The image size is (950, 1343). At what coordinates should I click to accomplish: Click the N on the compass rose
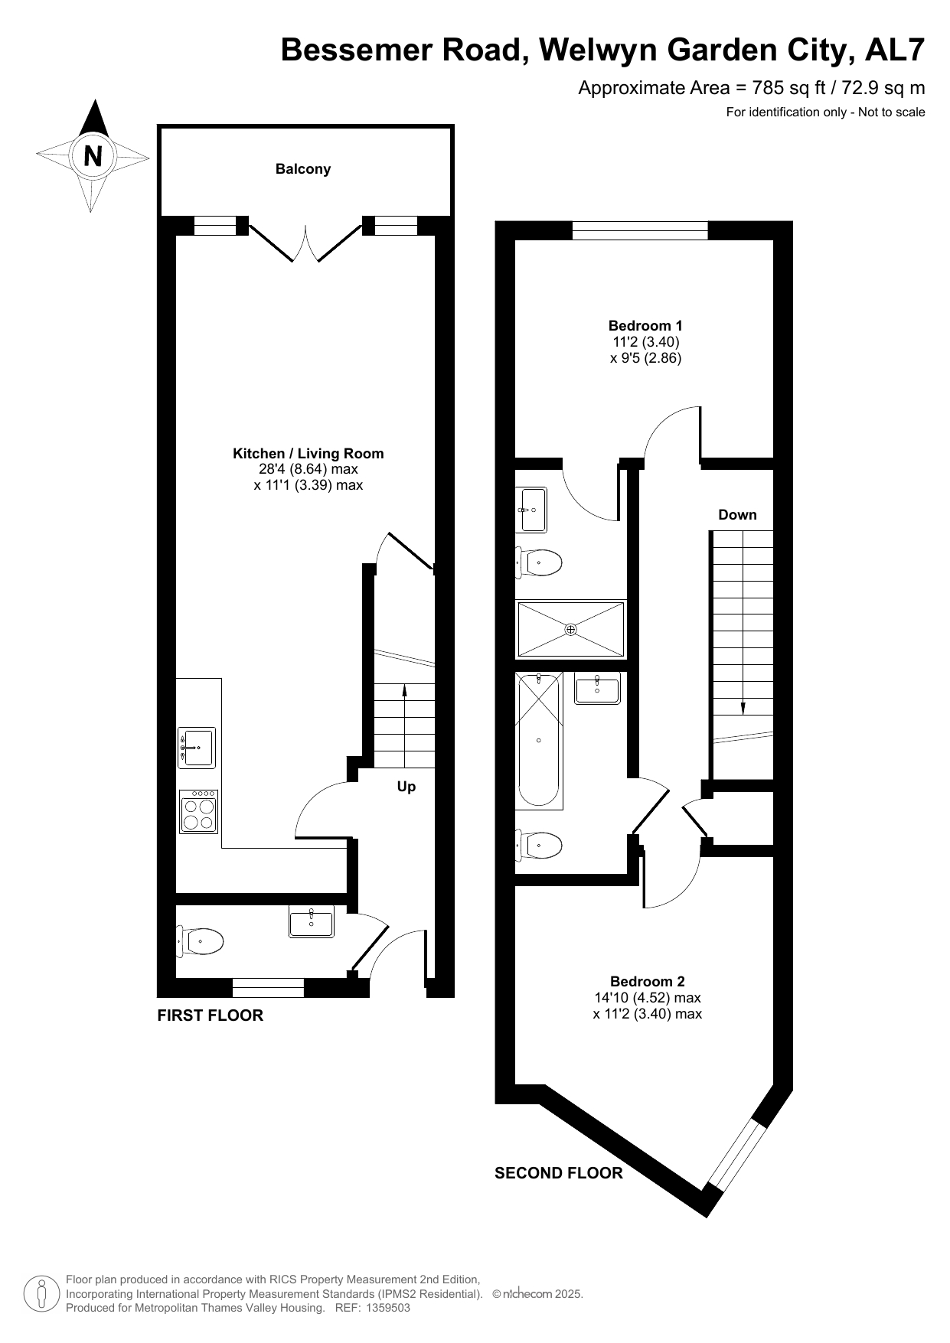(x=93, y=156)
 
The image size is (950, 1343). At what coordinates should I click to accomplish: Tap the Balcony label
(x=303, y=169)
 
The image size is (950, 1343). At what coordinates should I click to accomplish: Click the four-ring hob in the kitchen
(x=199, y=812)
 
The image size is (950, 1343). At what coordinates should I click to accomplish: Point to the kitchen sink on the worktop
(x=197, y=748)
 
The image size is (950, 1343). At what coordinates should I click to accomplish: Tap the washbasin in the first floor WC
(x=312, y=921)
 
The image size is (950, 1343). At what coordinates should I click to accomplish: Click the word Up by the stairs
(x=406, y=787)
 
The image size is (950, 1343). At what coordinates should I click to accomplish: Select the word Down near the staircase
(x=737, y=515)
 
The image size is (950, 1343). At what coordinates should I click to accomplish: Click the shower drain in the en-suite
(x=570, y=630)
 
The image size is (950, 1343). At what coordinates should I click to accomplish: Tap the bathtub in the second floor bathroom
(x=539, y=740)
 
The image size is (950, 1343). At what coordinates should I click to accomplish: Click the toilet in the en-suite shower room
(x=540, y=562)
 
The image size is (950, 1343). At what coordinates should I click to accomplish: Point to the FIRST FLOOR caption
(x=210, y=1015)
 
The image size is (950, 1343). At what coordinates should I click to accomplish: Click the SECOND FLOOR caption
(x=559, y=1173)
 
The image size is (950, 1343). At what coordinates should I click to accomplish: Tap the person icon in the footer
(x=42, y=1293)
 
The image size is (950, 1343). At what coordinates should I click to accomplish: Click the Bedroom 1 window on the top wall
(x=640, y=230)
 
